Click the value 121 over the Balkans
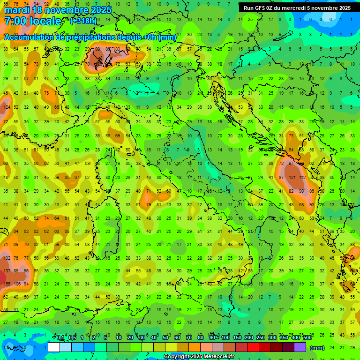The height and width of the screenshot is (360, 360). point(292,178)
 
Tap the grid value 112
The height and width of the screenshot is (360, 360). point(303,178)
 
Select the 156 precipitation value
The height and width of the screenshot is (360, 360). point(7,284)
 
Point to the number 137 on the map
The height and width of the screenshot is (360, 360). point(7,271)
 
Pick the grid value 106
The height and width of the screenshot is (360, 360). point(17,284)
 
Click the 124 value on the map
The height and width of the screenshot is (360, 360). point(7,107)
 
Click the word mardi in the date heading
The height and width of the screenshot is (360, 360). point(16,10)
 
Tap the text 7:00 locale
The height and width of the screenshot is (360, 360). point(33,21)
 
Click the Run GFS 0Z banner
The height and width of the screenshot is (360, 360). point(297,8)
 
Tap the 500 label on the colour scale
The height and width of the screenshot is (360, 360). point(307,338)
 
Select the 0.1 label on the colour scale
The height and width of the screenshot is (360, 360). point(60,338)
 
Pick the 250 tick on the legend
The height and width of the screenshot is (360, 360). point(260,338)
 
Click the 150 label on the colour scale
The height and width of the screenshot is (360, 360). point(237,338)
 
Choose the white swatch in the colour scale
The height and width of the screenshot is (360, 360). point(54,347)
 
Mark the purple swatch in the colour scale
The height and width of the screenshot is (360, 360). point(300,347)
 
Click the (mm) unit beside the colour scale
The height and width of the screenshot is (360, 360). point(317,348)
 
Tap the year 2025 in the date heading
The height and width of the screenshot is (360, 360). point(100,10)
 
